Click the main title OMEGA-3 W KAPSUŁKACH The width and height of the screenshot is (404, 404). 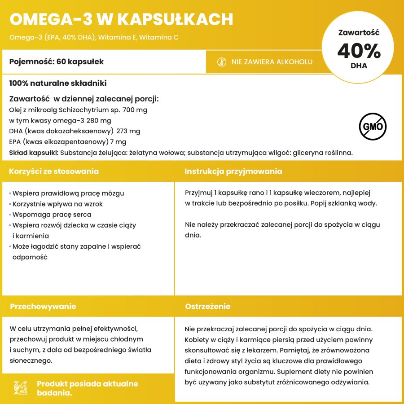click(121, 19)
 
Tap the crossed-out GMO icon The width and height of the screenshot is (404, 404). click(373, 127)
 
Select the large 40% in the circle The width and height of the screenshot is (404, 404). click(359, 51)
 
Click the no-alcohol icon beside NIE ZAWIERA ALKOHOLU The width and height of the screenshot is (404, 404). click(221, 61)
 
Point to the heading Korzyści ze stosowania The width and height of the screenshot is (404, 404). click(54, 171)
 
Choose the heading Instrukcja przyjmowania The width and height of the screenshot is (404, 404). click(233, 171)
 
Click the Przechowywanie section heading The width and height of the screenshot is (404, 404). click(43, 307)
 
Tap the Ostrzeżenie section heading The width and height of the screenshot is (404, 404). click(208, 307)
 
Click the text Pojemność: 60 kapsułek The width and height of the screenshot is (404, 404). click(57, 61)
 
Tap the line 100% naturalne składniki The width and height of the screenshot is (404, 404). click(58, 83)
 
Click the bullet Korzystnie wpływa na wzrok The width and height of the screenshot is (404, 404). click(57, 204)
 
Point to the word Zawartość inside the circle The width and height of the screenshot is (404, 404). click(359, 32)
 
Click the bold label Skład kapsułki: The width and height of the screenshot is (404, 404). click(34, 153)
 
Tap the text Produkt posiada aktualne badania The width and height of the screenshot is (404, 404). click(88, 388)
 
